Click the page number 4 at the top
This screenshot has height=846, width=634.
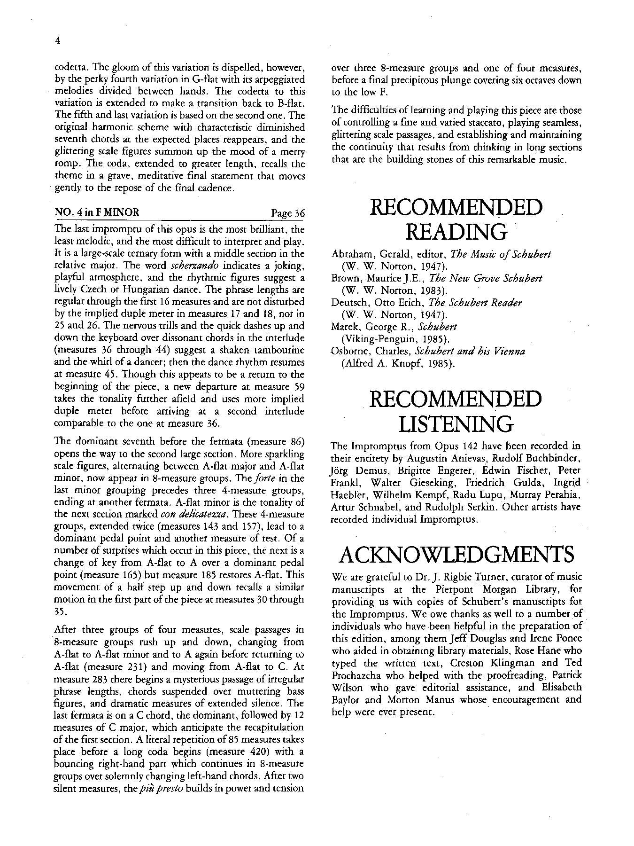click(x=57, y=41)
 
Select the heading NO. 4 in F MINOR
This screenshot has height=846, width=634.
click(x=97, y=212)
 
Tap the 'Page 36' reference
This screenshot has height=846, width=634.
click(x=288, y=213)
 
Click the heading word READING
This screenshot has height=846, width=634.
click(x=456, y=231)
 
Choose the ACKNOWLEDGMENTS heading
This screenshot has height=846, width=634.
click(x=456, y=554)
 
